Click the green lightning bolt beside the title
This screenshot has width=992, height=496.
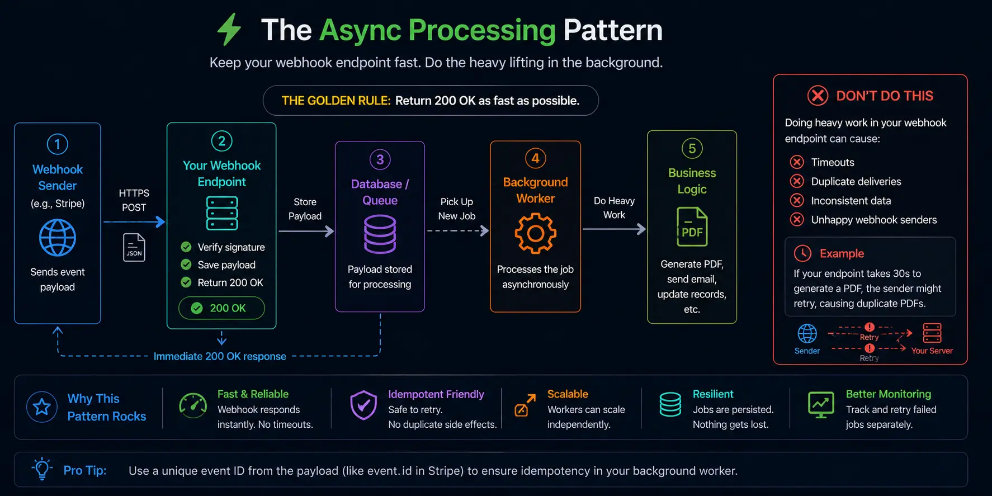coord(229,29)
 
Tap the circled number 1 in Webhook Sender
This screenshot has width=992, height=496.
coord(57,144)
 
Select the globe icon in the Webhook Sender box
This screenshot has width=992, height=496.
coord(57,238)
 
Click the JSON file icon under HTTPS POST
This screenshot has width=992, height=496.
coord(134,247)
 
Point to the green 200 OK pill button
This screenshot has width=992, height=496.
coord(221,308)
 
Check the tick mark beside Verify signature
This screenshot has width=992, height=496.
coord(186,247)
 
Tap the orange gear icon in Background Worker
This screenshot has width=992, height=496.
coord(535,233)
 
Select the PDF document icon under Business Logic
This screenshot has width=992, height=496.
coord(692,227)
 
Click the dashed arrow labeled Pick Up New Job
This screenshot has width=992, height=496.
coord(457,230)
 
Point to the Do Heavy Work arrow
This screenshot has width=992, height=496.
coord(613,229)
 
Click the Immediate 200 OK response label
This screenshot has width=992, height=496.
coord(220,356)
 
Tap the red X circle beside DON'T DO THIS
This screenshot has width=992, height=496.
coord(818,96)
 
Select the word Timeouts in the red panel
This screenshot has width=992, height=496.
coord(832,162)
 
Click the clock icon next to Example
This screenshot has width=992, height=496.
coord(802,253)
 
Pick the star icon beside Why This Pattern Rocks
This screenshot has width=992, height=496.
coord(42,407)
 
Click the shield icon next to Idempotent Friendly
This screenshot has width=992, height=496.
coord(363,405)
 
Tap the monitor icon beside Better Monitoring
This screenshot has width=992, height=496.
coord(821,405)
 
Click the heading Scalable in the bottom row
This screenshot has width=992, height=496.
coord(567,394)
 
